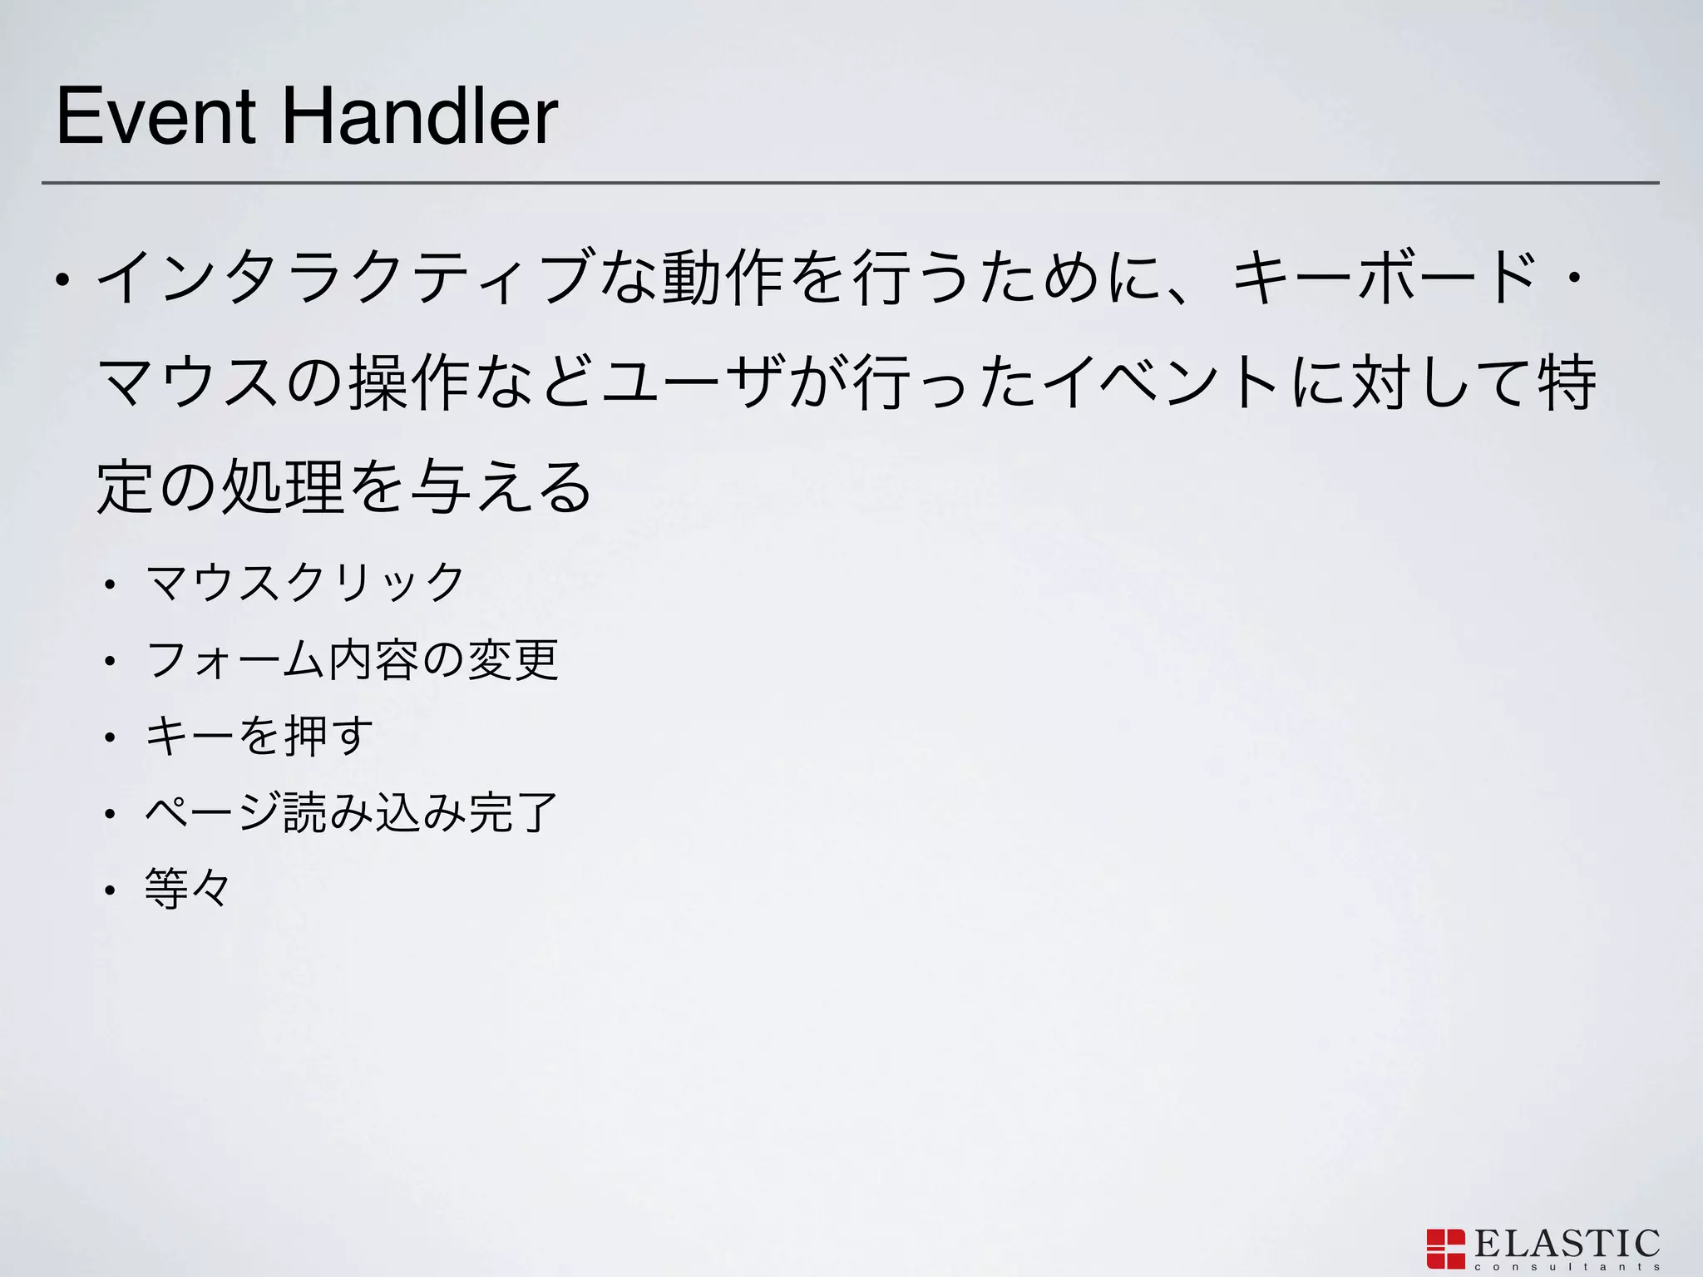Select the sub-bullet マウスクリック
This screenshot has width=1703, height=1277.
(x=304, y=581)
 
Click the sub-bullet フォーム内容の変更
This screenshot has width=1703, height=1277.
(x=351, y=659)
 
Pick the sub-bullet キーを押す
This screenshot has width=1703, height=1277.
(x=259, y=736)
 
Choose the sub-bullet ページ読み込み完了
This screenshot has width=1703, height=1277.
(x=351, y=812)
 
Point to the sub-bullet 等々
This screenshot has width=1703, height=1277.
(x=187, y=888)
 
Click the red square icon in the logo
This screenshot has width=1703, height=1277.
(x=1445, y=1249)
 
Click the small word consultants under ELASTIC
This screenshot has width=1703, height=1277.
(x=1567, y=1267)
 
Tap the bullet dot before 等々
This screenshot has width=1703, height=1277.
(x=109, y=890)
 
